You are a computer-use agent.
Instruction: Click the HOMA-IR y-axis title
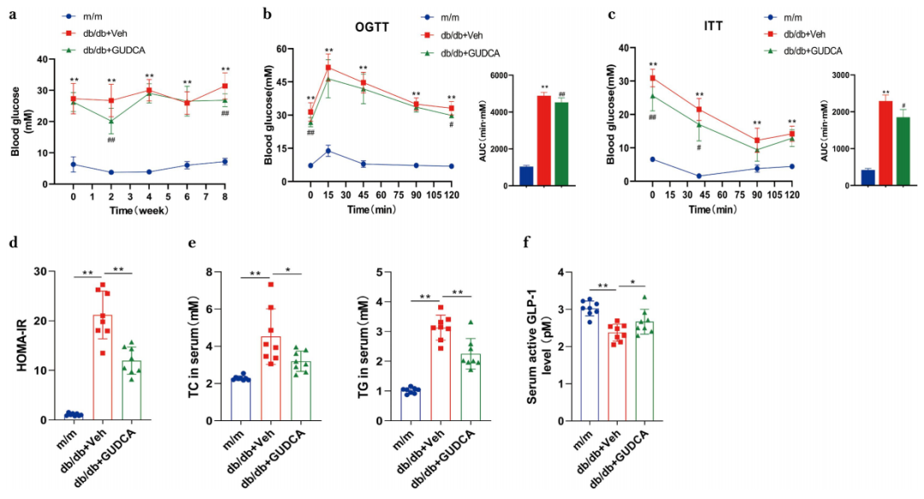click(x=19, y=347)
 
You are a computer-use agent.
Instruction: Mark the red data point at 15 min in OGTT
click(x=328, y=68)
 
